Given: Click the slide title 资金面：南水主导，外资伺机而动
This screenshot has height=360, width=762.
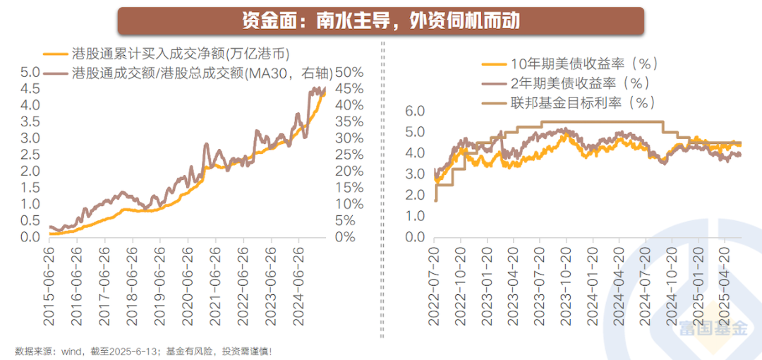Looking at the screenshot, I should pos(380,20).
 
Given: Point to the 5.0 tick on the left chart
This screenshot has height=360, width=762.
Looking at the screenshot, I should pos(30,72).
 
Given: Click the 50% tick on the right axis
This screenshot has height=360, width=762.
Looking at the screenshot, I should pos(349,72).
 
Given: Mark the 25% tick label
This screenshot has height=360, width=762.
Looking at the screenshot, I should pos(349,155).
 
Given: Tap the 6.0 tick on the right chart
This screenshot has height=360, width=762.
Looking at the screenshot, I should pos(416,111).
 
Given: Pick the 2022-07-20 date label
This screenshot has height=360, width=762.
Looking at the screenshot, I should pos(435,286).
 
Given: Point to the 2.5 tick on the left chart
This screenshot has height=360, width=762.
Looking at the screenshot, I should pos(30,155).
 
